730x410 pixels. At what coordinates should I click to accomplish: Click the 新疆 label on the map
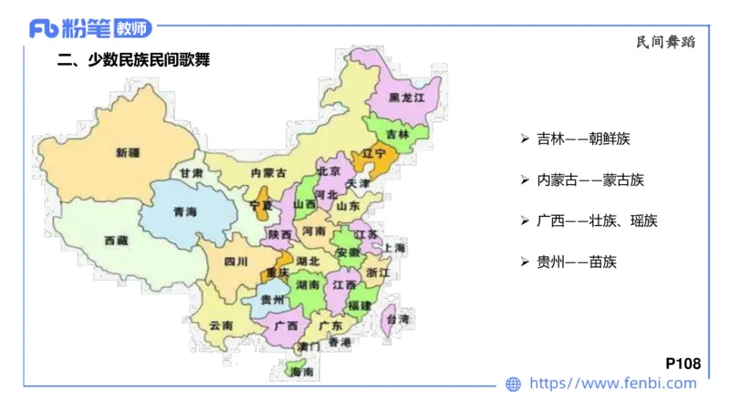pos(128,152)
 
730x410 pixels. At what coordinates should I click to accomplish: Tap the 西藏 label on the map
pos(116,241)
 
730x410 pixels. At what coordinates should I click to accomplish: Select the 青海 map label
pos(184,212)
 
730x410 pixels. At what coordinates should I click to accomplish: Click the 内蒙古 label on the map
pos(267,172)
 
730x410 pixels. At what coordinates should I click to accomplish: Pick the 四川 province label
pos(235,261)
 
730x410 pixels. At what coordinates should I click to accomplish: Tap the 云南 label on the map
pos(221,325)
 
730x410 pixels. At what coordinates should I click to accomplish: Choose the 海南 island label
pos(301,373)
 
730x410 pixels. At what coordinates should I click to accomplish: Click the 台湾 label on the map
pos(398,319)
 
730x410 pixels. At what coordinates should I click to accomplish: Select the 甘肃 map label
pos(191,172)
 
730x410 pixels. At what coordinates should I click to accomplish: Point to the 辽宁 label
pos(376,153)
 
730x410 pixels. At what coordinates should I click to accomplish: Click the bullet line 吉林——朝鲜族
pos(582,139)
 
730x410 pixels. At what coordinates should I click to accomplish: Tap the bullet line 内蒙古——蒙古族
pos(589,180)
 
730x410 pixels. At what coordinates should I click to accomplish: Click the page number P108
pos(683,364)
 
